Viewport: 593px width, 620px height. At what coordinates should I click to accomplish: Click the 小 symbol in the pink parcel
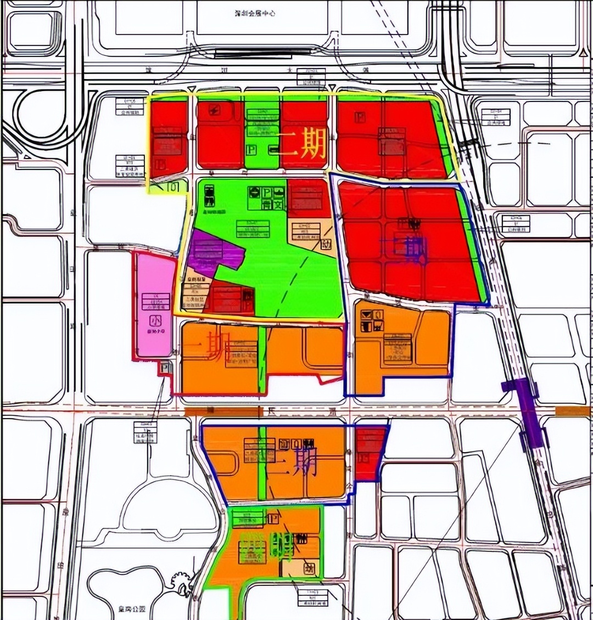pos(155,319)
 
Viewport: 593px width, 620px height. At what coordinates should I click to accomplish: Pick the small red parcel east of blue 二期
pos(370,452)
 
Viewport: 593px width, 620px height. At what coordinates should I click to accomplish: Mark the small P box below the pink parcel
pos(166,368)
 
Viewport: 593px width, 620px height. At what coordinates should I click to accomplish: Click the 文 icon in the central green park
pos(279,205)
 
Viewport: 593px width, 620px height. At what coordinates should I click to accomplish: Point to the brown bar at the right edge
pos(574,411)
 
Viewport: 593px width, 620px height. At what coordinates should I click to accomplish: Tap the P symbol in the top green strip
pos(251,150)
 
